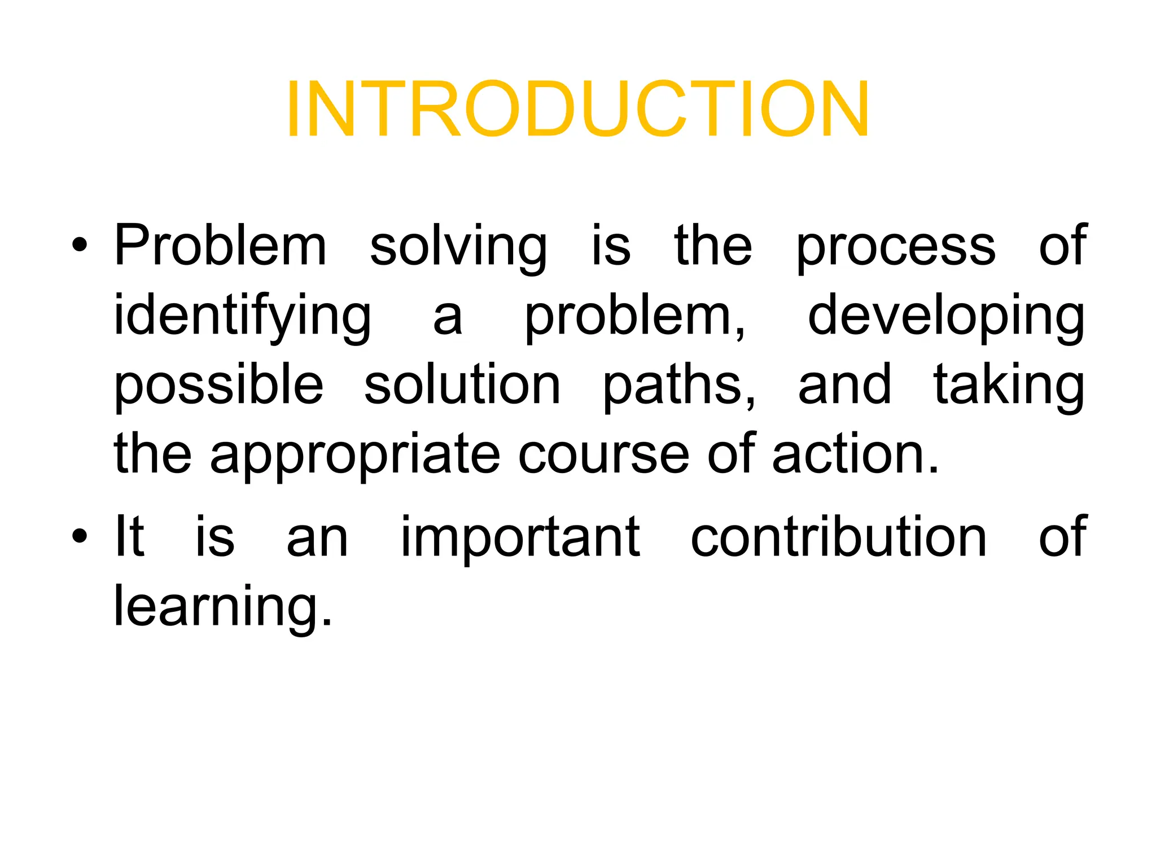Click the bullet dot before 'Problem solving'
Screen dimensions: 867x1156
pyautogui.click(x=80, y=246)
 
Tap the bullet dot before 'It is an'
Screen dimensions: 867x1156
pyautogui.click(x=80, y=536)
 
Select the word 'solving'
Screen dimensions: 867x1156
pyautogui.click(x=458, y=247)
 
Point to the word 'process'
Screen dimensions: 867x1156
pyautogui.click(x=896, y=247)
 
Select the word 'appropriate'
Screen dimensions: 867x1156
pyautogui.click(x=355, y=455)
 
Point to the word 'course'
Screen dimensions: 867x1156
pyautogui.click(x=603, y=455)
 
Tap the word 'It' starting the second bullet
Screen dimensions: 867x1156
pyautogui.click(x=129, y=536)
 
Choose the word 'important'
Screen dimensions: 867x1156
pyautogui.click(x=520, y=537)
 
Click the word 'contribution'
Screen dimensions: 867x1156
pyautogui.click(x=838, y=536)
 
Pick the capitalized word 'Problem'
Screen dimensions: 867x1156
pyautogui.click(x=221, y=247)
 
